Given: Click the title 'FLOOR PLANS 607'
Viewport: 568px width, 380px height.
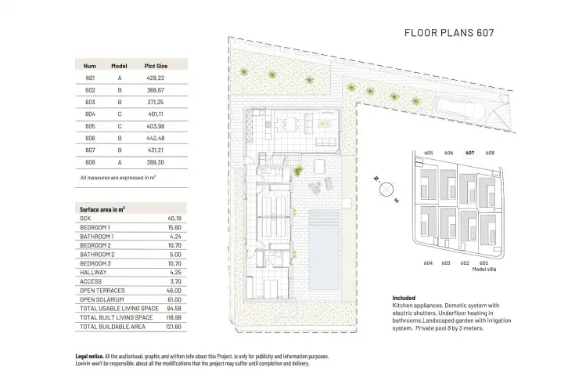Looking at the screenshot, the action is (449, 33).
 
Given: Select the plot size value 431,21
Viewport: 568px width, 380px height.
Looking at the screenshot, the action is (156, 150).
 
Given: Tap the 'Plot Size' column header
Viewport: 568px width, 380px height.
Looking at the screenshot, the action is (156, 66).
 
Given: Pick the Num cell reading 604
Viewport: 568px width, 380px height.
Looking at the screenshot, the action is (90, 114).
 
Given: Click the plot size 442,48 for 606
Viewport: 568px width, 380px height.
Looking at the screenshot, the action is (156, 138).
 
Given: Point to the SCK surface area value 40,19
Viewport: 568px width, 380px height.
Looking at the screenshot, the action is (174, 219).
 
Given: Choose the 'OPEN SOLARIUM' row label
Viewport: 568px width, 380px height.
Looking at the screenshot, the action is (102, 300).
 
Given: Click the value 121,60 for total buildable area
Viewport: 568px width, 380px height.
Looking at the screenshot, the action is (174, 327).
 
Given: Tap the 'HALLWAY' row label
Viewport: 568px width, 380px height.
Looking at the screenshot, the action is (93, 273).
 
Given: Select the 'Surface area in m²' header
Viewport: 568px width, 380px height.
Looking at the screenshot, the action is (102, 209).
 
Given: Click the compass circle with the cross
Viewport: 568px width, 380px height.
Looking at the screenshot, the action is (386, 189).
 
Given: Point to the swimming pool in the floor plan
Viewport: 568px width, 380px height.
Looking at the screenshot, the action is (324, 251).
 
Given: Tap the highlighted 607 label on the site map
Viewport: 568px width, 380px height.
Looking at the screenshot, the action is (470, 153).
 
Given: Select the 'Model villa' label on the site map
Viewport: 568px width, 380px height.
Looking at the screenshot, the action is (484, 270).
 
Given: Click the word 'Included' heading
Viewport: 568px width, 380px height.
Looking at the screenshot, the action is (404, 298).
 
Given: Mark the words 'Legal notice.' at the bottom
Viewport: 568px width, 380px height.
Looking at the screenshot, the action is (89, 356).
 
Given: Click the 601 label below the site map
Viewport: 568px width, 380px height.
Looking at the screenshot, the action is (484, 263).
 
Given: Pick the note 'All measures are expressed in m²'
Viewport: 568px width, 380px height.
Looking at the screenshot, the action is (118, 178).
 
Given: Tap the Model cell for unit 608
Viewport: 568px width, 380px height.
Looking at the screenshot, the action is (120, 163).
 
